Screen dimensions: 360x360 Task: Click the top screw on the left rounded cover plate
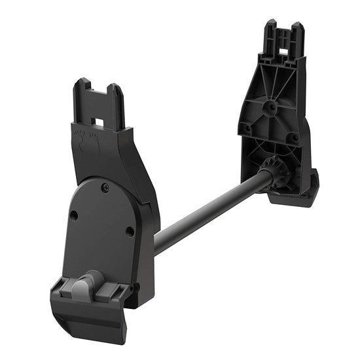click(104, 189)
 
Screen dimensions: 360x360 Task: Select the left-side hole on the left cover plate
click(74, 214)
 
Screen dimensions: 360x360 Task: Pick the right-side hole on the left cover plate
click(130, 230)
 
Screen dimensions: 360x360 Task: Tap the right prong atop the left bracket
click(117, 101)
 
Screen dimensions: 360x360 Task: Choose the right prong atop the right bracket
click(297, 33)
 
